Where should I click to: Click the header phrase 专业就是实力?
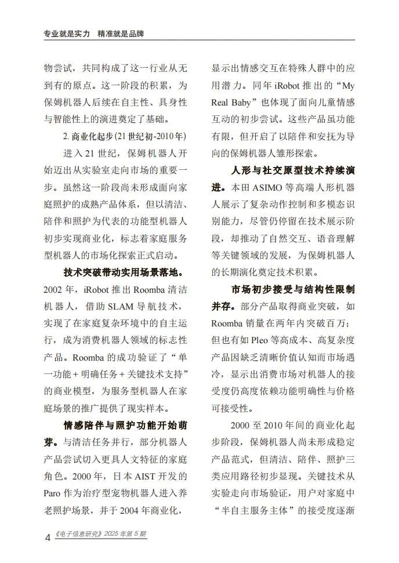coord(67,34)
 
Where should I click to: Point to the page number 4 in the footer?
coord(48,537)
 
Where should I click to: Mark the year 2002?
coord(54,289)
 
